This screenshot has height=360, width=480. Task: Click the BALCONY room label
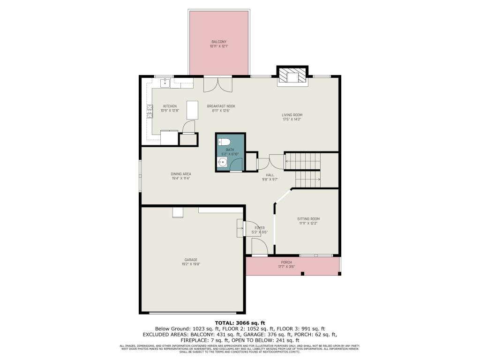[x=218, y=42]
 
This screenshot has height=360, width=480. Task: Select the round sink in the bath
[x=222, y=163]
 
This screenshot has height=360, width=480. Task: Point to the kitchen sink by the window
[x=165, y=83]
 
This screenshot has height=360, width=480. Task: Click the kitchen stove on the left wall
[x=150, y=111]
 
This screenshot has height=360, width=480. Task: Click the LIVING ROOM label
[x=292, y=115]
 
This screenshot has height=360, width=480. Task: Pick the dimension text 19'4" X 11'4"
[x=180, y=178]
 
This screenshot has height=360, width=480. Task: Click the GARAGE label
[x=190, y=260]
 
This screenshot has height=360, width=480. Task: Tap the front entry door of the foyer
[x=259, y=247]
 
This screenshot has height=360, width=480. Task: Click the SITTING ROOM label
[x=308, y=219]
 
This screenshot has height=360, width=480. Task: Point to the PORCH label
[x=286, y=262]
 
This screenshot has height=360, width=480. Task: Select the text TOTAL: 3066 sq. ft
[x=240, y=323]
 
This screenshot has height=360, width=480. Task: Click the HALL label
[x=270, y=175]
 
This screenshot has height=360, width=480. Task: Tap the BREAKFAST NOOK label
[x=221, y=106]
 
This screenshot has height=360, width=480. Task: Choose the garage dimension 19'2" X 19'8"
[x=190, y=264]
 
